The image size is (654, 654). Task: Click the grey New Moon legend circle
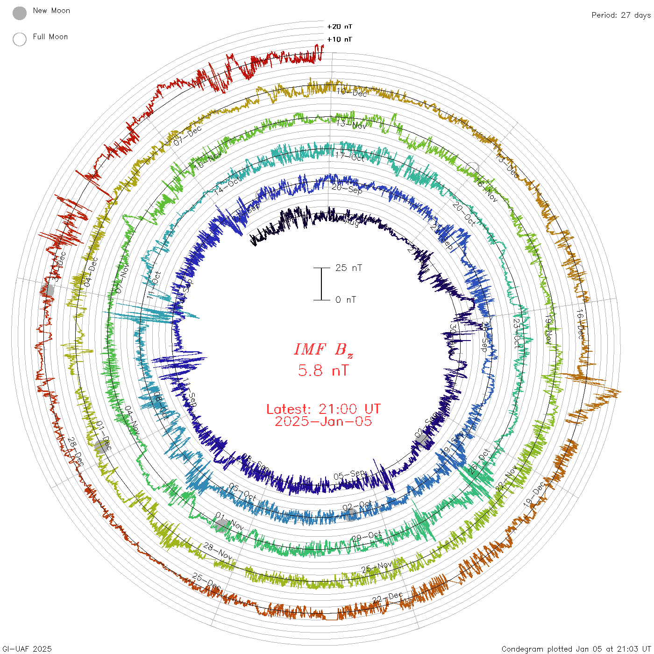click(x=20, y=14)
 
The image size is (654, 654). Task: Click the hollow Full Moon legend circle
click(x=20, y=39)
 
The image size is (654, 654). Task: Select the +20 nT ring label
click(x=340, y=27)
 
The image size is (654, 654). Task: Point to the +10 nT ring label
click(x=340, y=39)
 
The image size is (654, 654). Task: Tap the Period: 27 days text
click(x=621, y=15)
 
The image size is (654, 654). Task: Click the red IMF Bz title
click(x=323, y=349)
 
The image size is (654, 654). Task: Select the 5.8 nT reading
click(x=323, y=371)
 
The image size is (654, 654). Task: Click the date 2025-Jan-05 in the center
click(x=323, y=421)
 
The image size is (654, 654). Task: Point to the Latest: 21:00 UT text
click(x=323, y=409)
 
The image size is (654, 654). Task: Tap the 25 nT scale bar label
click(x=348, y=268)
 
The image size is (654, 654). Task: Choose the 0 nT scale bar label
click(x=346, y=300)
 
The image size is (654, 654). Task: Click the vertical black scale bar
click(x=321, y=284)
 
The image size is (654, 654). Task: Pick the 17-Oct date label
click(x=350, y=156)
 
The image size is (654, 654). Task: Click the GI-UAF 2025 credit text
click(x=27, y=649)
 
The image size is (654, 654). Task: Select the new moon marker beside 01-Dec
click(x=100, y=447)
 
